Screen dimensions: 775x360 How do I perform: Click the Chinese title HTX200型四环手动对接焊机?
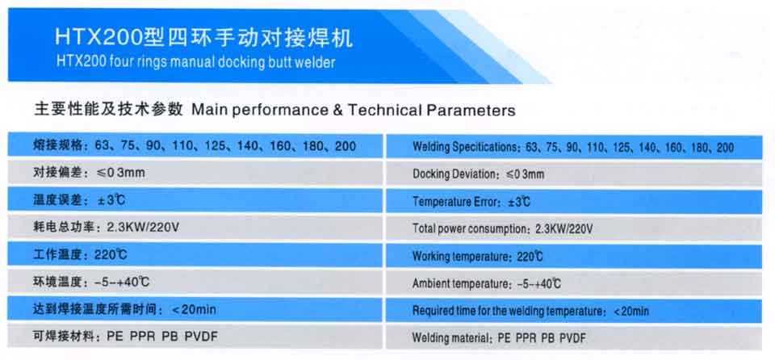click(203, 38)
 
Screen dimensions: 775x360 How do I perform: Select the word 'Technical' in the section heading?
click(383, 110)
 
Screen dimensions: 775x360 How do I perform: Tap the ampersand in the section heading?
click(338, 110)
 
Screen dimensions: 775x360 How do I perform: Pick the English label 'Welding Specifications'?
click(466, 148)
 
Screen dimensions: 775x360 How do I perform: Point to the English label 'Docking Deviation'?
click(453, 174)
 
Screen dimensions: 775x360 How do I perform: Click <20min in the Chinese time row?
click(194, 310)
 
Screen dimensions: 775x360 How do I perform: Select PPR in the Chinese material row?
click(142, 337)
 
